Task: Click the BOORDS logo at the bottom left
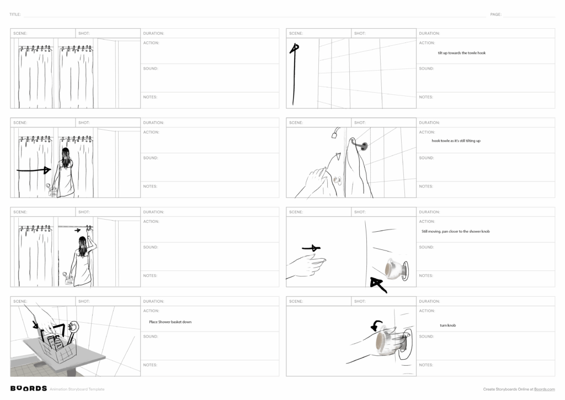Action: (x=28, y=388)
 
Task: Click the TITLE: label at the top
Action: (x=15, y=14)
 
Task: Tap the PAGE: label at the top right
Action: (x=495, y=14)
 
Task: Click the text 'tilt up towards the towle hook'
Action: (x=461, y=53)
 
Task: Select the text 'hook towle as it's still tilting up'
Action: (x=456, y=141)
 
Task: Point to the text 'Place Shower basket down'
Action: (x=170, y=322)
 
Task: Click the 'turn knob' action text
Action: (x=447, y=326)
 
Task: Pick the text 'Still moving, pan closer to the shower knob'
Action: (x=455, y=232)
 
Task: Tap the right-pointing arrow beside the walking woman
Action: (x=34, y=170)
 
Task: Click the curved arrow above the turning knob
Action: (x=377, y=326)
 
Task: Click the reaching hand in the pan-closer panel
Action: (x=307, y=265)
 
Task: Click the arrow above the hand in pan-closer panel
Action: (x=312, y=248)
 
